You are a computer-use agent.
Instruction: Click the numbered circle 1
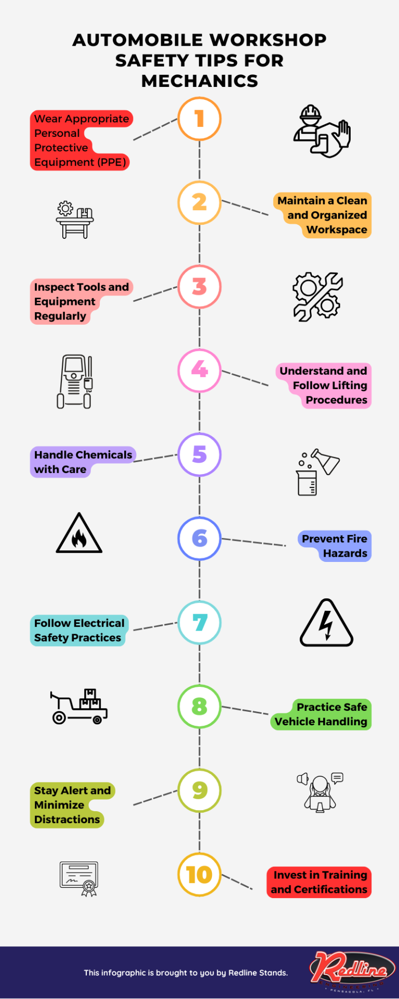point(199,119)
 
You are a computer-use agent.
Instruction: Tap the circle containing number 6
point(199,539)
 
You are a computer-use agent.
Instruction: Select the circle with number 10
point(199,875)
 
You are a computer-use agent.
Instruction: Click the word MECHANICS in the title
point(199,81)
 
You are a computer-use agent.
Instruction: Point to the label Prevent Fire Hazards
point(335,546)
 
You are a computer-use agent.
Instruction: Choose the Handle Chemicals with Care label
point(83,462)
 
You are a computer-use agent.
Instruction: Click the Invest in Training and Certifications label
point(319,882)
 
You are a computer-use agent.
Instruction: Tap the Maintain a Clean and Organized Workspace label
point(322,215)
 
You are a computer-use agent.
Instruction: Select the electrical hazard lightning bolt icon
point(326,623)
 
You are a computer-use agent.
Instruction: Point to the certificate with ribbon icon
point(79,878)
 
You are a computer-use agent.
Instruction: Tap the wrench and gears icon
point(317,297)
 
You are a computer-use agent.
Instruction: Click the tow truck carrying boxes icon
point(79,706)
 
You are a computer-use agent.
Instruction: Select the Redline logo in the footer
point(352,970)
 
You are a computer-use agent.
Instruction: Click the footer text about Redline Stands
point(185,972)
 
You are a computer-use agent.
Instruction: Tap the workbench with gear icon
point(75,220)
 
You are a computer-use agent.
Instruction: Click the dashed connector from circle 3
point(155,294)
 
